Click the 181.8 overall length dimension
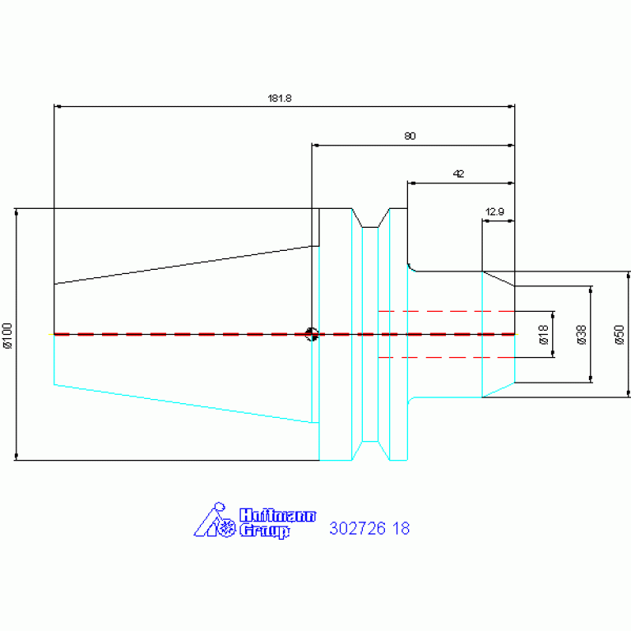(x=279, y=98)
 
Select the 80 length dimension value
(x=410, y=136)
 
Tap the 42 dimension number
(x=458, y=174)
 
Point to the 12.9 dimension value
(x=494, y=211)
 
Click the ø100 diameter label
(x=8, y=336)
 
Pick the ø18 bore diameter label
(x=543, y=335)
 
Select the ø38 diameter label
(x=582, y=335)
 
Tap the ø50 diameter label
(x=619, y=335)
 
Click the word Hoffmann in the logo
(x=278, y=516)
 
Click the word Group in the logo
(x=264, y=531)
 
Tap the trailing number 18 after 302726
(x=401, y=528)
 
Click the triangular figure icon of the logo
(x=214, y=520)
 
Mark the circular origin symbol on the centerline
(x=312, y=334)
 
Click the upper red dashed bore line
(x=446, y=312)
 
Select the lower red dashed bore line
(x=446, y=357)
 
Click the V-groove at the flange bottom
(x=370, y=450)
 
